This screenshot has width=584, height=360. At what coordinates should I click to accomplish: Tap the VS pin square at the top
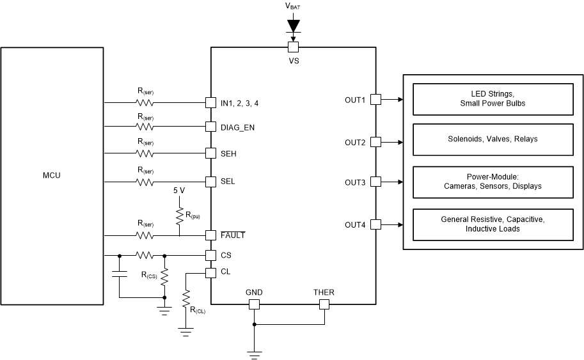pos(293,47)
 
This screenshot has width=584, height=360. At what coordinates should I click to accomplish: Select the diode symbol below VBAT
pos(293,26)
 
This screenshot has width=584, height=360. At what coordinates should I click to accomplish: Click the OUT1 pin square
pos(376,99)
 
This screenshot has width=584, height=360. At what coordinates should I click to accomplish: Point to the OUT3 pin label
pos(354,183)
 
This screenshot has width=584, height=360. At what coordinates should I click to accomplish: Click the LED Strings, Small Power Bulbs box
pos(493,99)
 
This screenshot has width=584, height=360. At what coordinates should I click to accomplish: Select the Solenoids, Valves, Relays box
pos(493,139)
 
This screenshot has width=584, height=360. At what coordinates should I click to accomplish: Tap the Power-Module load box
pos(493,182)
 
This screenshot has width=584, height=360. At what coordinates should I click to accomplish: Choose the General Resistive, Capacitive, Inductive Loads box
pos(493,224)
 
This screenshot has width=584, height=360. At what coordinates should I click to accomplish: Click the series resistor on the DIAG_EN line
pos(145,127)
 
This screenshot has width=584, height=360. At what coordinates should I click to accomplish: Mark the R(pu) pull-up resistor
pos(179,214)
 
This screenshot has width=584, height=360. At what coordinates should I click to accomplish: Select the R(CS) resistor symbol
pos(165,276)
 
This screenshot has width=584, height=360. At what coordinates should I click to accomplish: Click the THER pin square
pos(324,304)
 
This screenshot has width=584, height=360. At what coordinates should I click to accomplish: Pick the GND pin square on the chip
pos(254,304)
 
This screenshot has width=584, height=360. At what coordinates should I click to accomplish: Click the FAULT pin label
pos(233,235)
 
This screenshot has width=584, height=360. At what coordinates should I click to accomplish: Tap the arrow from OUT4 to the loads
pos(391,224)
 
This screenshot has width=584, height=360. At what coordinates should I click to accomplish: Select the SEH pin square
pos(210,153)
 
